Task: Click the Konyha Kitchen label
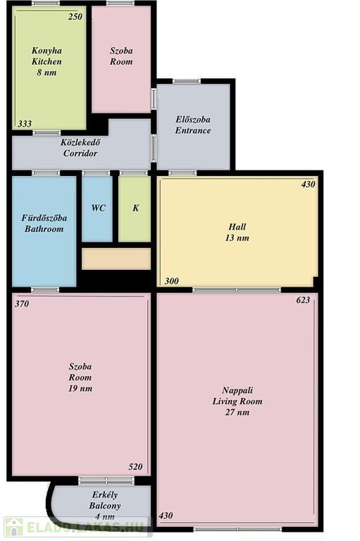coord(46,61)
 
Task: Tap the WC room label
coord(99,208)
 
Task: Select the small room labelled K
coord(135,209)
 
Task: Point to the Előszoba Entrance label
coord(193,125)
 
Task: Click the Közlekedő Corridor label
coord(80,148)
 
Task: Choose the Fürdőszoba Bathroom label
coord(44,223)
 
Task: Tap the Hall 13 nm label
coord(237,232)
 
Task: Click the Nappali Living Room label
coord(237,401)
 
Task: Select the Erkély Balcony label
coord(105,506)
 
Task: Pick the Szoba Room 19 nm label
coord(80,377)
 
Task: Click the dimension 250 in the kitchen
coord(75,17)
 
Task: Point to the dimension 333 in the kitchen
coord(25,123)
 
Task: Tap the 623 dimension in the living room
coord(303,300)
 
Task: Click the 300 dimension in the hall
coord(171,281)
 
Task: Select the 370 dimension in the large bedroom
coord(22,304)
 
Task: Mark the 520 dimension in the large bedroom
coord(135,467)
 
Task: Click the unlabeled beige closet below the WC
coord(116,259)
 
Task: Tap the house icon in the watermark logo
coord(13,527)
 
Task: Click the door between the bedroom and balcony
coord(106,480)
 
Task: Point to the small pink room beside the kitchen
coord(121,59)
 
